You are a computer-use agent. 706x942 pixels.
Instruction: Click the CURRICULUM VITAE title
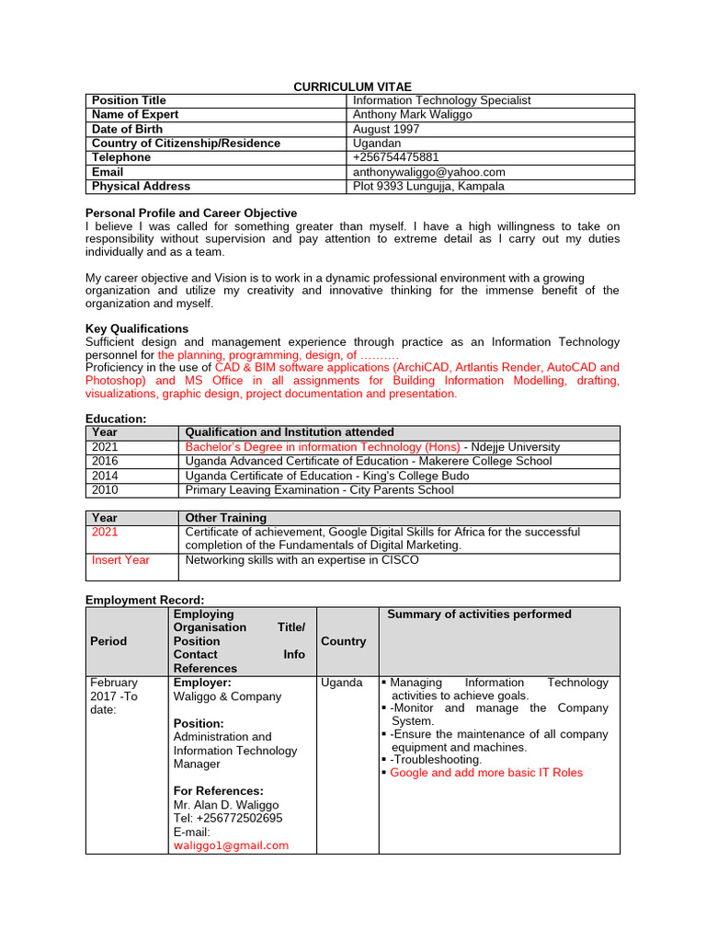click(353, 86)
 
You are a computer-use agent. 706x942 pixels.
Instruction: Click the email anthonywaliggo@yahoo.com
click(429, 172)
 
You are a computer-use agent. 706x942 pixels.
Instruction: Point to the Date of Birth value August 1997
click(386, 130)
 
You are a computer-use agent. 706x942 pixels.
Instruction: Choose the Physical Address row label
click(142, 186)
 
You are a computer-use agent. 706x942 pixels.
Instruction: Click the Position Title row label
click(129, 100)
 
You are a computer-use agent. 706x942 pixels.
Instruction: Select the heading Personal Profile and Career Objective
click(191, 213)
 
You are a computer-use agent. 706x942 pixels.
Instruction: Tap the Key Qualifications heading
click(137, 328)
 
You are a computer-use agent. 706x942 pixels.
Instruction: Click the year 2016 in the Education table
click(105, 461)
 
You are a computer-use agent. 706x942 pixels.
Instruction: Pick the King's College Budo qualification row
click(326, 476)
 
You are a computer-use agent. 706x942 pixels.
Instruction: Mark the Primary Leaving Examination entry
click(319, 490)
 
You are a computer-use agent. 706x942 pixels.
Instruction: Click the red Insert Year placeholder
click(120, 560)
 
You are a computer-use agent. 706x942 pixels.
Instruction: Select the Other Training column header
click(226, 518)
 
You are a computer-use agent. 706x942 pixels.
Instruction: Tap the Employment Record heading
click(144, 600)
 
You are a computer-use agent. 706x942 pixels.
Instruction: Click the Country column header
click(344, 641)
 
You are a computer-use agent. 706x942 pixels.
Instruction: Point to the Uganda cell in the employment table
click(342, 683)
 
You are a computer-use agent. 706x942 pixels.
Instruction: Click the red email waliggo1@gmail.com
click(231, 845)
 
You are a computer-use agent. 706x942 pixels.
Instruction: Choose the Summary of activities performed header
click(479, 615)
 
